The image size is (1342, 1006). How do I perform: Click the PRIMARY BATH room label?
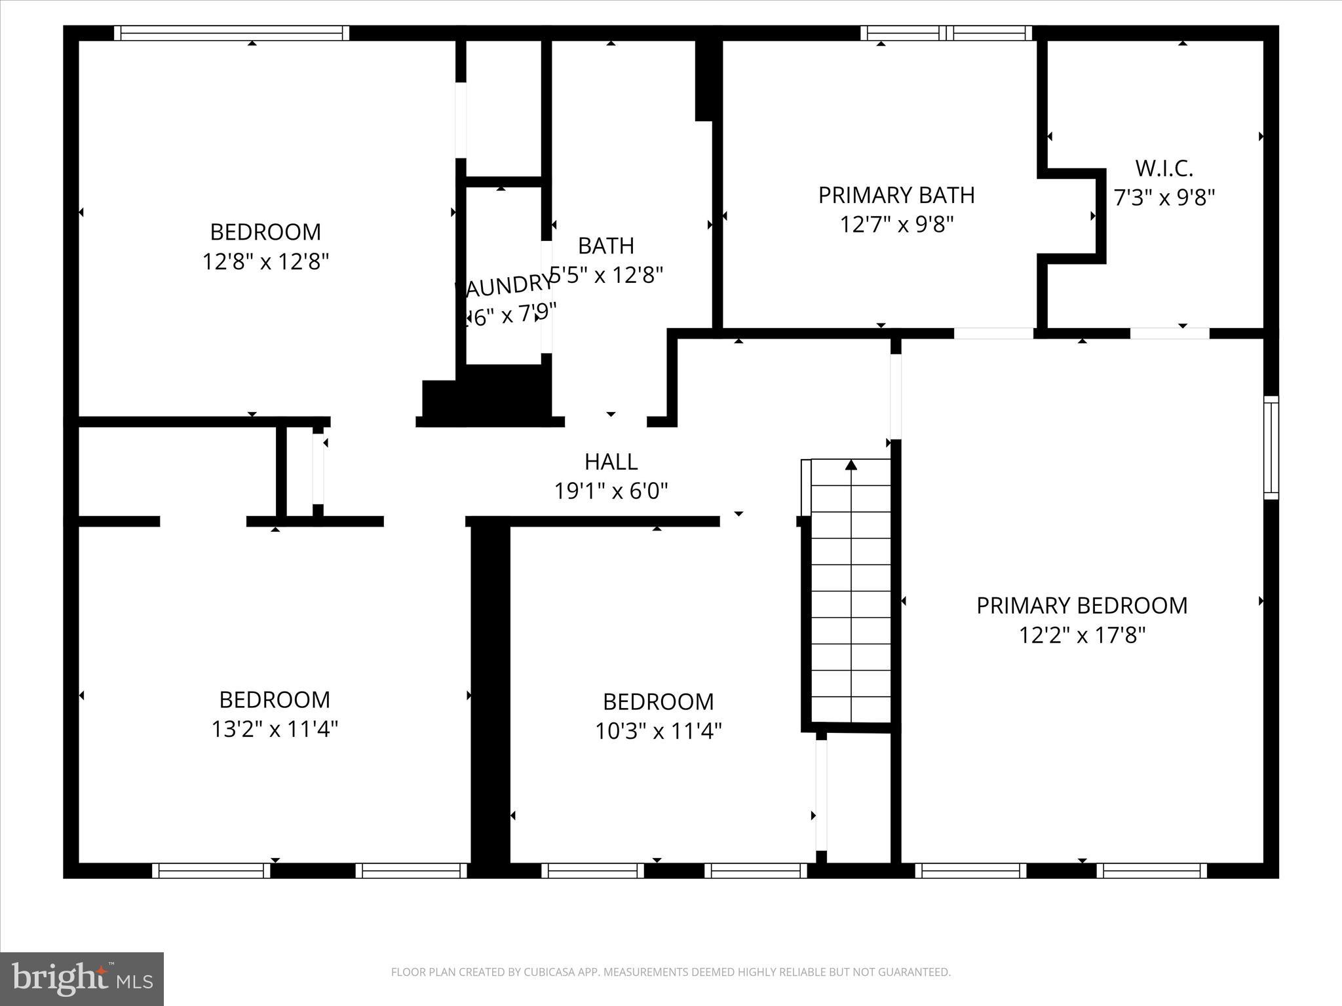(x=896, y=195)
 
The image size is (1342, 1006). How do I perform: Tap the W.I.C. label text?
(x=1164, y=169)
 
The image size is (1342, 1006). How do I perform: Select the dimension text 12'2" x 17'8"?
(x=1082, y=635)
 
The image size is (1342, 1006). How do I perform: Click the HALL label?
(x=611, y=462)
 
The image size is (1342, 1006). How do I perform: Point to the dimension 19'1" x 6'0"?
(x=611, y=491)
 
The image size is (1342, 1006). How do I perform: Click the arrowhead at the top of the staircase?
(x=851, y=465)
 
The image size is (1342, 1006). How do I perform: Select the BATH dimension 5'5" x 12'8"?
(x=607, y=275)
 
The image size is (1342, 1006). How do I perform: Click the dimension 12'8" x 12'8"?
(x=265, y=262)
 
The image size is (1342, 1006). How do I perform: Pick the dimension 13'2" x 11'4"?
(x=275, y=729)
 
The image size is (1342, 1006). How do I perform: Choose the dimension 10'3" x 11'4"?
(x=658, y=731)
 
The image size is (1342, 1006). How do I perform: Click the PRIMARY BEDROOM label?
(x=1082, y=606)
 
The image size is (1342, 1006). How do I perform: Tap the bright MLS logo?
(x=82, y=978)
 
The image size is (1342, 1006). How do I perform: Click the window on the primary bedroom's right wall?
(x=1271, y=447)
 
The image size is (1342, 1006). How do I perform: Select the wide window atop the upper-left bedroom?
(x=231, y=33)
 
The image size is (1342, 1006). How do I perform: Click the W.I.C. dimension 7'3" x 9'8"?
(x=1164, y=198)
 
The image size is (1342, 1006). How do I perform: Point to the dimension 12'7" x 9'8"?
(x=896, y=225)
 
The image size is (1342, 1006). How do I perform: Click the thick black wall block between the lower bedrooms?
(x=491, y=694)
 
